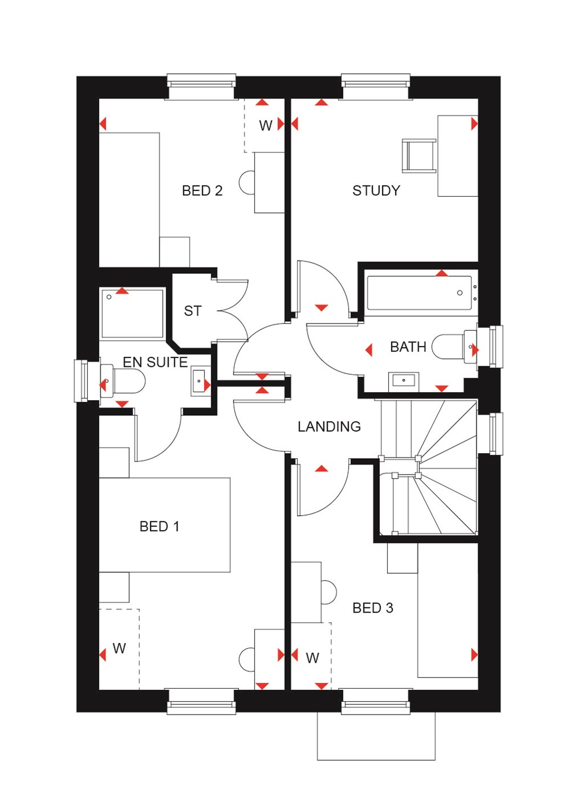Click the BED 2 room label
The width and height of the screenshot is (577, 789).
pos(202,190)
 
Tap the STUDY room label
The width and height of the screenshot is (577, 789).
pos(376,190)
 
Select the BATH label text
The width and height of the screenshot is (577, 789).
pos(408,347)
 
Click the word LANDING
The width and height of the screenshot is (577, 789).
pos(329,427)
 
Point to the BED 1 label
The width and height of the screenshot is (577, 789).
pos(159,526)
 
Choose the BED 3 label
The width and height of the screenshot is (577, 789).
pos(372,608)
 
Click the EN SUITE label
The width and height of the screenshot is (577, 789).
pos(155,362)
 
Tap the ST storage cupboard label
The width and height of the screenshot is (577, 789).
pos(193,311)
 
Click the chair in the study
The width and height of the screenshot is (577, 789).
pos(419,156)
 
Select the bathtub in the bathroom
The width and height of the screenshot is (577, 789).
pos(419,292)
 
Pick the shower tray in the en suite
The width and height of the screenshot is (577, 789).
pos(132,313)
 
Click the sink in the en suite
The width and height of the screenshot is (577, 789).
pos(199,381)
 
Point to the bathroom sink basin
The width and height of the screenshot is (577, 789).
pos(403,380)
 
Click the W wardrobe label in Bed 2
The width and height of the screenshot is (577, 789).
pos(265,125)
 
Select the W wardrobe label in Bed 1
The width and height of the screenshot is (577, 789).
pos(119,648)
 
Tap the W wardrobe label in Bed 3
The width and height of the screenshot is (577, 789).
pos(312,657)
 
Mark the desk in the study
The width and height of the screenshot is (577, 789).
pos(457,156)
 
